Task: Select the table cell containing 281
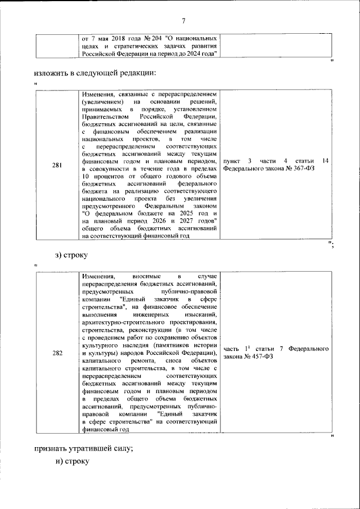[x=57, y=165]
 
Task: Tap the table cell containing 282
[x=57, y=353]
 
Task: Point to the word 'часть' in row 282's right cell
[x=233, y=349]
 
